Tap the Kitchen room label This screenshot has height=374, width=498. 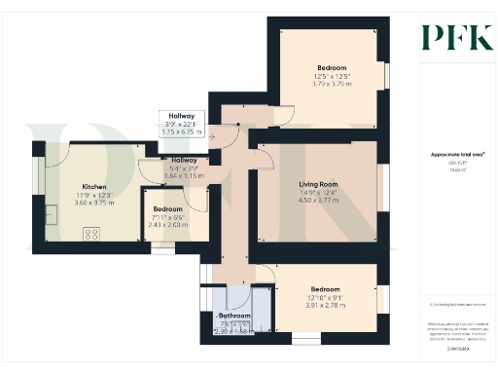[x=94, y=187]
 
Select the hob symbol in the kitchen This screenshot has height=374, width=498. [x=93, y=233]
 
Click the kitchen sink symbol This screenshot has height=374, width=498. [x=49, y=214]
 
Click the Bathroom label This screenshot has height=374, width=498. [x=234, y=317]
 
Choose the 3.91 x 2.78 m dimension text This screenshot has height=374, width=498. [x=326, y=306]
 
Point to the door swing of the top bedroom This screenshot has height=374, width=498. [x=284, y=117]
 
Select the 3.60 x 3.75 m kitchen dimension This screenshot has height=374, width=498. [x=94, y=203]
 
